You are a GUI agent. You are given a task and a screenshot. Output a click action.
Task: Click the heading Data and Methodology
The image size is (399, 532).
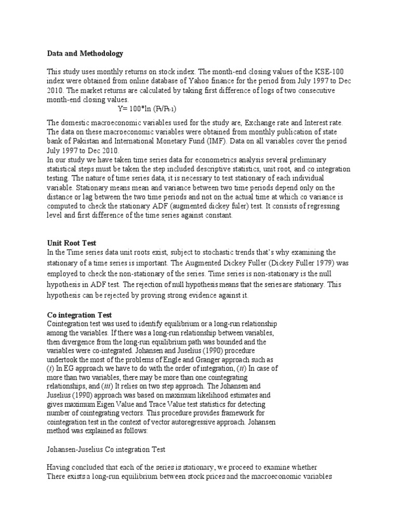[x=85, y=53]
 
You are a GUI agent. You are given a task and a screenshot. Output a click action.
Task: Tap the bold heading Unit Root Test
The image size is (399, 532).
[x=72, y=243]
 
